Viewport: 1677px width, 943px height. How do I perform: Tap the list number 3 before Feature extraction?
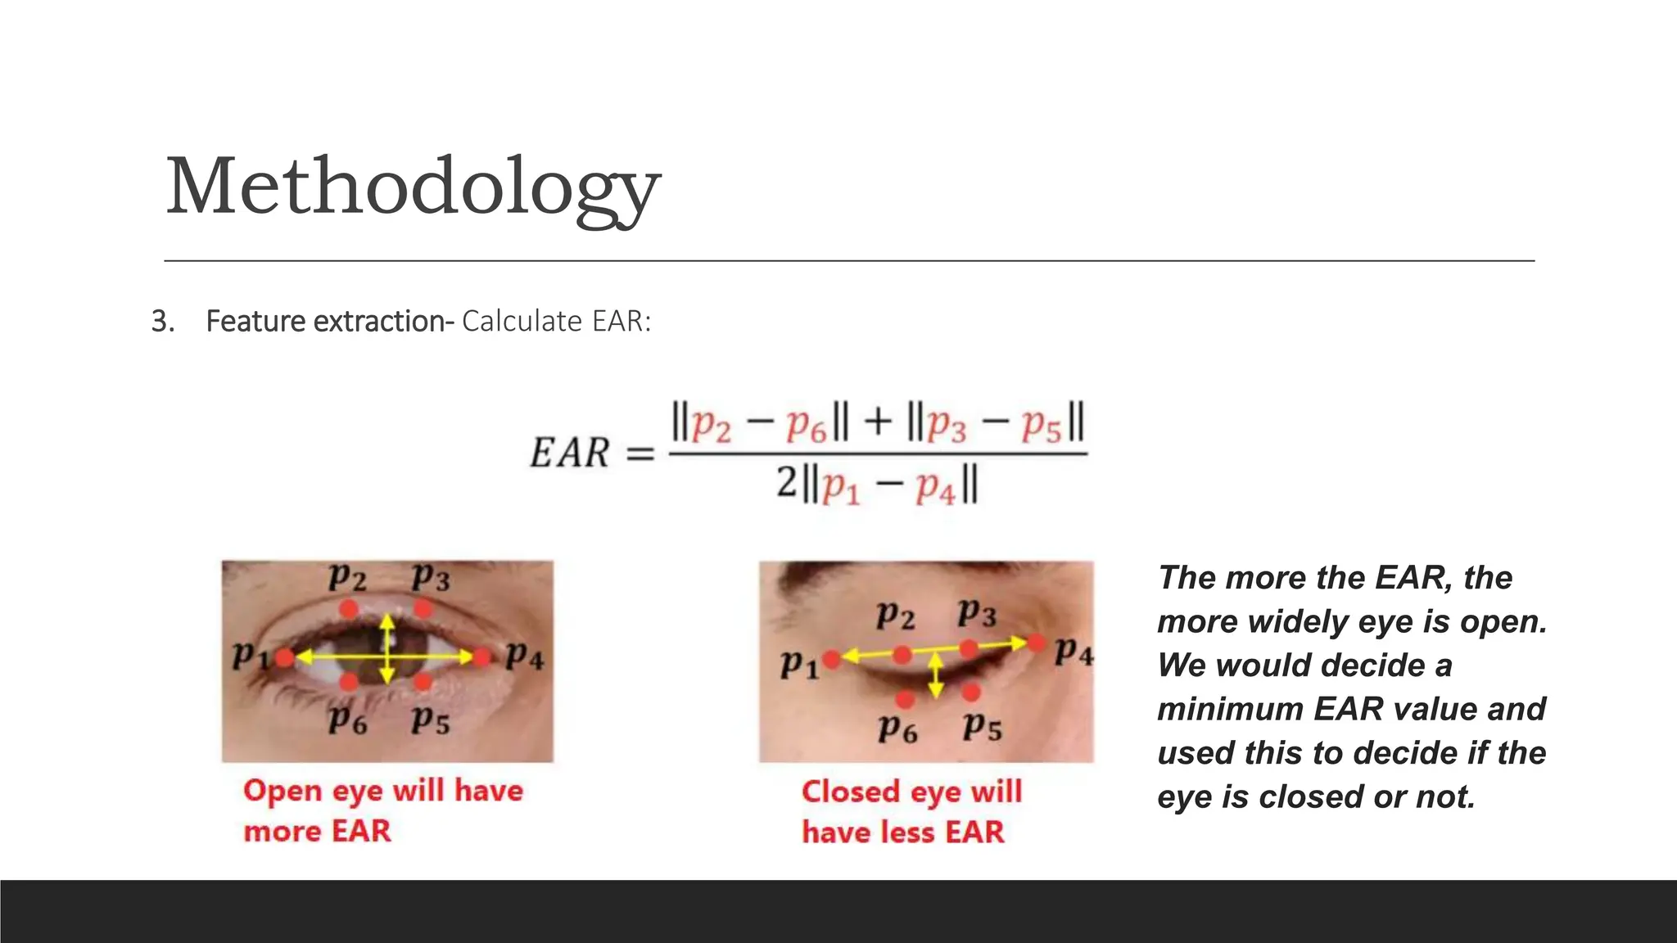click(161, 322)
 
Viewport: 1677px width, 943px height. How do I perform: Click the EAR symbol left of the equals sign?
click(570, 453)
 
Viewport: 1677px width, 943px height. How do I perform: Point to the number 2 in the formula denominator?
click(786, 482)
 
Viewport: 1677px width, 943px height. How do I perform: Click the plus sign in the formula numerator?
click(877, 422)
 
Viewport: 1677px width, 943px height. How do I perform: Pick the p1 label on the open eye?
click(248, 655)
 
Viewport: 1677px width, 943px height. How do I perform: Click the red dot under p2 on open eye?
click(349, 609)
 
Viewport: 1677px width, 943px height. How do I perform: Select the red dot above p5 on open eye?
click(423, 681)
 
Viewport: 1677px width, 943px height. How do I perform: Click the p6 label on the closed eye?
click(897, 727)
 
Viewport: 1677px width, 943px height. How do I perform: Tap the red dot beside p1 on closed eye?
click(831, 659)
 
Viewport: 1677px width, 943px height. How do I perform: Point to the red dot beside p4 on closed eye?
click(1037, 643)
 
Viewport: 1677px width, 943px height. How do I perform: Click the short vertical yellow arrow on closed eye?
click(936, 675)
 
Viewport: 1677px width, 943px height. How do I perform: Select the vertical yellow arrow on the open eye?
click(387, 648)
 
